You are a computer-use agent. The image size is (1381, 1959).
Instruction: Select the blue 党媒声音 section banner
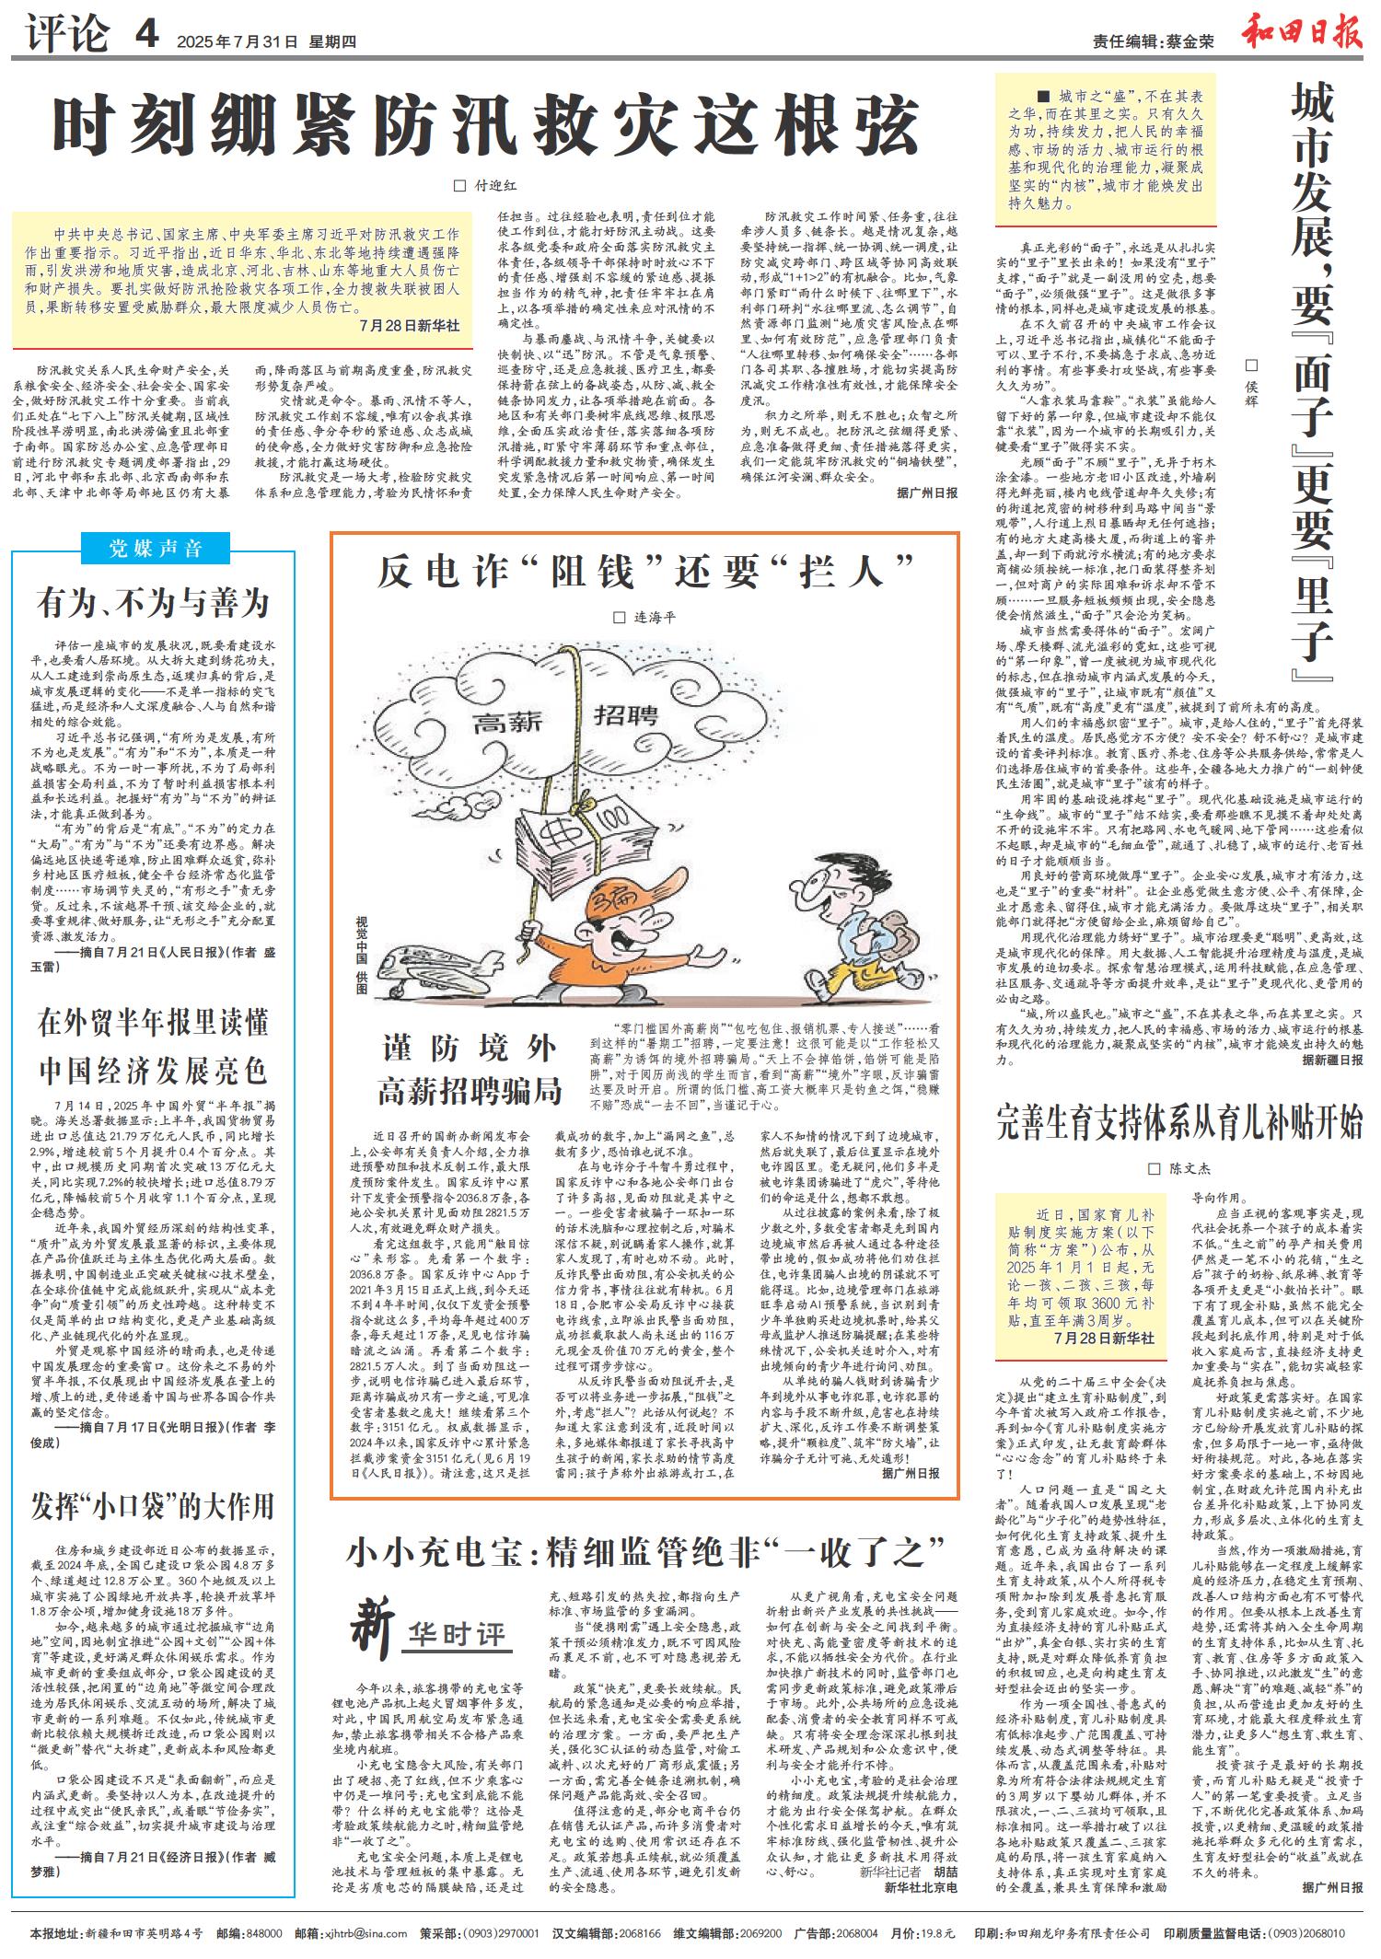click(x=154, y=549)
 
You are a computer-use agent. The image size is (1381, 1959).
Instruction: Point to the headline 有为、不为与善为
click(x=153, y=604)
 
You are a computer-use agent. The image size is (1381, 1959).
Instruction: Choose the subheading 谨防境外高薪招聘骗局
click(x=470, y=1069)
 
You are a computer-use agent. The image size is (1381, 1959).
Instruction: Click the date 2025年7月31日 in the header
click(x=238, y=41)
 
